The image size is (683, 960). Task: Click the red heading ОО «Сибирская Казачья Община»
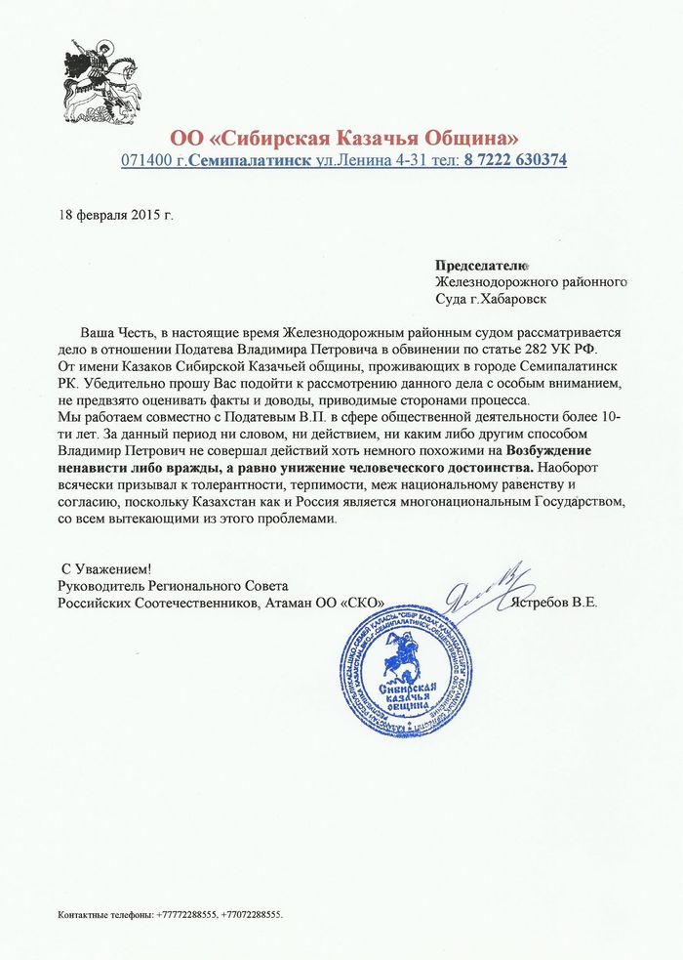pos(344,136)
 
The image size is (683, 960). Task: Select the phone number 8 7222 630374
pos(515,159)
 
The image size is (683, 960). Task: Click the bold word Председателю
pos(481,265)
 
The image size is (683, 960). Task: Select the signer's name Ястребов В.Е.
pos(554,603)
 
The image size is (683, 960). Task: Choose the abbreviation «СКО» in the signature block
pos(360,603)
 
